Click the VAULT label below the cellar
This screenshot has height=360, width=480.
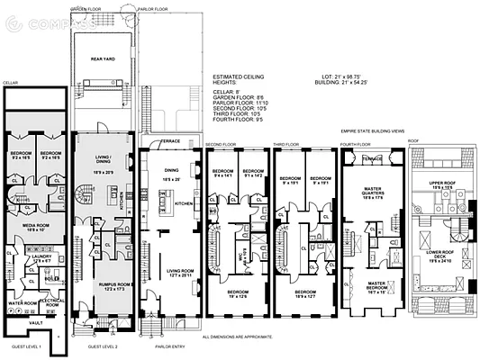point(35,322)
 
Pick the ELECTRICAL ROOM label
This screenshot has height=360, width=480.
point(50,304)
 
